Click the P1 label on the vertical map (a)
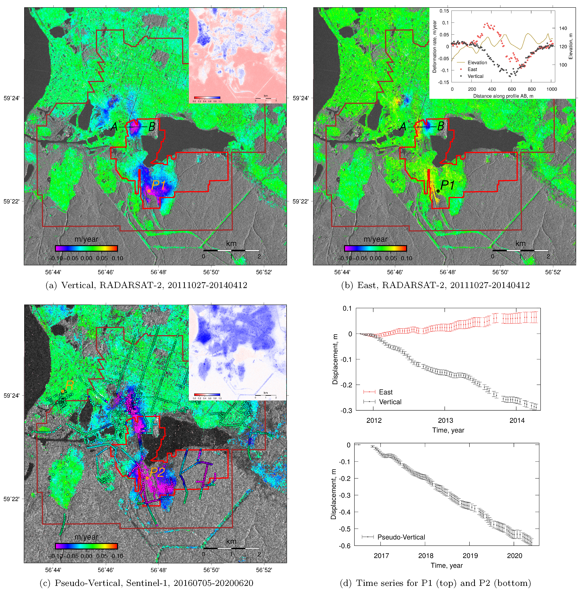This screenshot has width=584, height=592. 158,185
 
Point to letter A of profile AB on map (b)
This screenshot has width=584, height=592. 403,126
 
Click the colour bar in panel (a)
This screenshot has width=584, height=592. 86,248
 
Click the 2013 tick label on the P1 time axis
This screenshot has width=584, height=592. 445,420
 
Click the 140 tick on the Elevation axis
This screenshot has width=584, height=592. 563,28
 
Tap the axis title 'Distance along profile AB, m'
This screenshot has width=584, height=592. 503,96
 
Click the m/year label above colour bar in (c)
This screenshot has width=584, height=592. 86,537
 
